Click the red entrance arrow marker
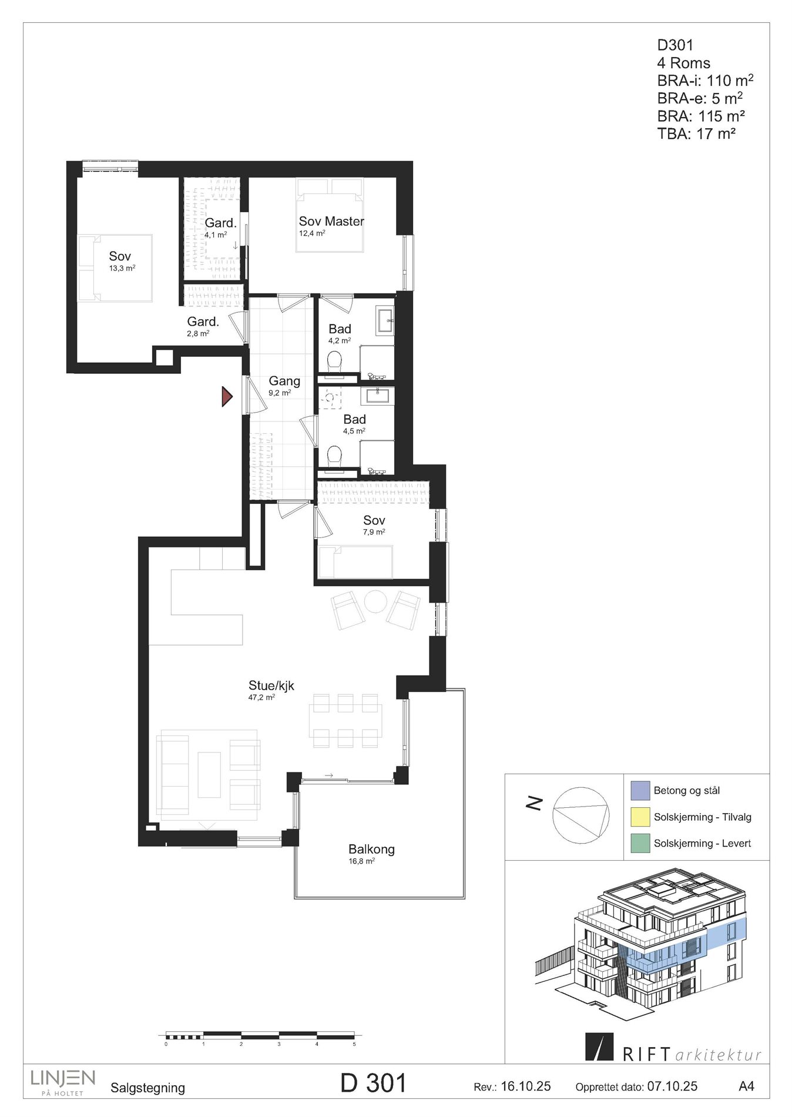226,397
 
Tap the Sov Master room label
331,222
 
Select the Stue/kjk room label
271,685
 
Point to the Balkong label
371,850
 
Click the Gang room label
284,381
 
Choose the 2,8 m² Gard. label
203,322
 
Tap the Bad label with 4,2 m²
340,329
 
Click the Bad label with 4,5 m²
354,420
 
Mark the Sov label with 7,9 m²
374,520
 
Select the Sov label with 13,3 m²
120,256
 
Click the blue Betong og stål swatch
640,791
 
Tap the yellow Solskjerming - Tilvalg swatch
640,817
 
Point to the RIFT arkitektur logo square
599,1046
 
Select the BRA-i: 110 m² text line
705,81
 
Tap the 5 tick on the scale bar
354,1045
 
